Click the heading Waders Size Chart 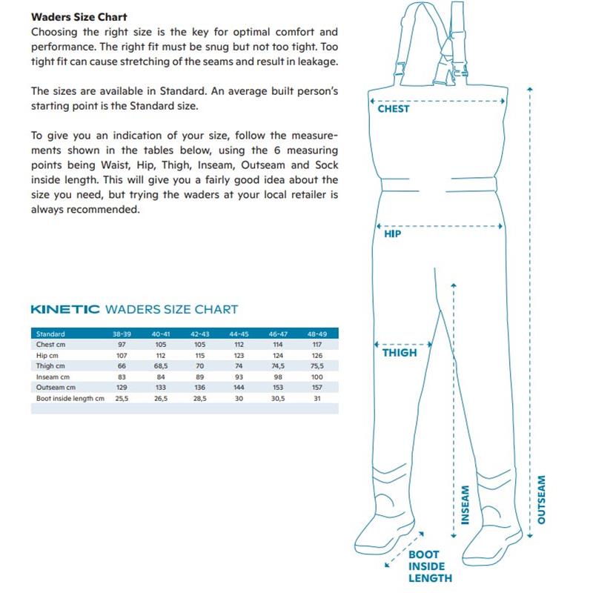coord(79,17)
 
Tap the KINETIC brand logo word coord(65,309)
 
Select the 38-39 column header coord(122,334)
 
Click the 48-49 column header coord(316,334)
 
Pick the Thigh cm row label coord(50,366)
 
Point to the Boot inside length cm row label coord(70,398)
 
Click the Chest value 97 coord(122,345)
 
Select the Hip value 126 coord(316,356)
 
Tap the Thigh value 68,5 coord(161,366)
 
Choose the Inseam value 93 coord(239,377)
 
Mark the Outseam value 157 coord(316,388)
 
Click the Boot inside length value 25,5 coord(122,398)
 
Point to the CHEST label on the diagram coord(393,109)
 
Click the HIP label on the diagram coord(392,234)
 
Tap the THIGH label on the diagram coord(400,353)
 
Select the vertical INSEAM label coord(466,505)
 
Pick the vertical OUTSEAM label coord(541,500)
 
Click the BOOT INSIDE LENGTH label coord(428,566)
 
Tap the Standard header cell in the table coord(50,334)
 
